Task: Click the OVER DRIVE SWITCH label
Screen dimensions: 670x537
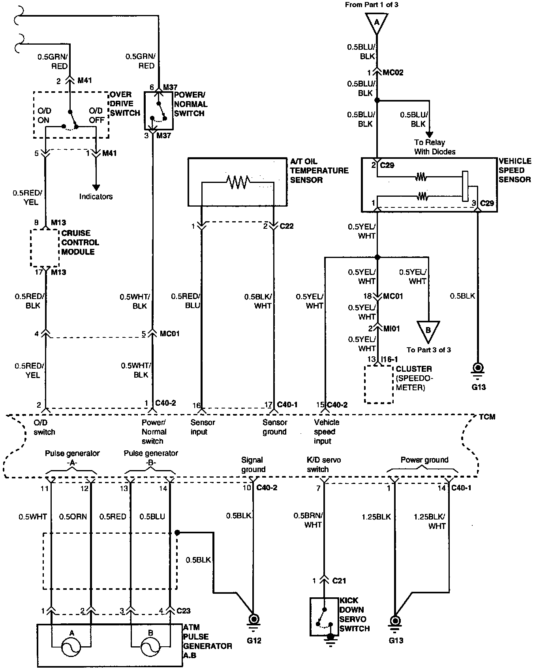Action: (125, 104)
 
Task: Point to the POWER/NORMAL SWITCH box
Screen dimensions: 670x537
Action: (158, 111)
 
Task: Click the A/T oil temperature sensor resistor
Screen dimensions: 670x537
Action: (238, 182)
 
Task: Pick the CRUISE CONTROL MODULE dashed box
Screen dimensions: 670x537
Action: (45, 248)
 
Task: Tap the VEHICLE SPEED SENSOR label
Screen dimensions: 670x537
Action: (514, 170)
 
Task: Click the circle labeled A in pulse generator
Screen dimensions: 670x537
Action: (72, 646)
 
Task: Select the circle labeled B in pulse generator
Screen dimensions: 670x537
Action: (150, 646)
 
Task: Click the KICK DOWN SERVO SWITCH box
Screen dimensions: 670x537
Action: (324, 616)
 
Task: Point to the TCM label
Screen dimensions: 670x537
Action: (487, 417)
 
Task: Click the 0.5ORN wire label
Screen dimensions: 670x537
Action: (73, 517)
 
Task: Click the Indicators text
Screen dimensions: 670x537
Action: (96, 196)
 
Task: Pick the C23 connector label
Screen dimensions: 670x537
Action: (184, 611)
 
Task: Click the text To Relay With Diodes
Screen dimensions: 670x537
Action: (434, 147)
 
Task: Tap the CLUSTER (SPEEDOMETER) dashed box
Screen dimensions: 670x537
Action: (379, 384)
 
